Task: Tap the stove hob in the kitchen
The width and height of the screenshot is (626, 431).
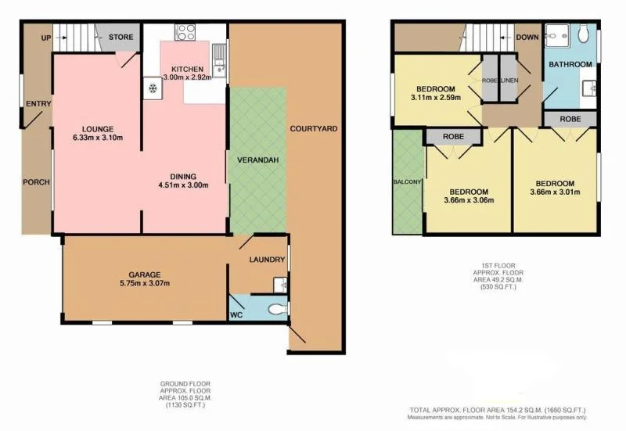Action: (186, 32)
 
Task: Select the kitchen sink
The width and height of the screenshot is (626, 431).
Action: (221, 58)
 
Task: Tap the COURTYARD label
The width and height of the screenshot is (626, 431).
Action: (313, 128)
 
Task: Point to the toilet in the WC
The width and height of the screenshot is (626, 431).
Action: (275, 311)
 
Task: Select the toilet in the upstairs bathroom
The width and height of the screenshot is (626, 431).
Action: (583, 34)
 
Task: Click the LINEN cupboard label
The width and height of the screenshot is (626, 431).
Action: (508, 81)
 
